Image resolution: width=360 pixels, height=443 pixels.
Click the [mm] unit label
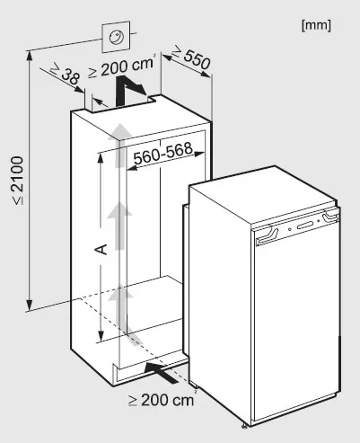pyautogui.click(x=316, y=26)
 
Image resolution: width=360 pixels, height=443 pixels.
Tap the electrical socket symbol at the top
pyautogui.click(x=117, y=37)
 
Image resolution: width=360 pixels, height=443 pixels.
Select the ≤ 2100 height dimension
pyautogui.click(x=18, y=181)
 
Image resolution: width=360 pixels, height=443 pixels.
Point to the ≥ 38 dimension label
pyautogui.click(x=66, y=74)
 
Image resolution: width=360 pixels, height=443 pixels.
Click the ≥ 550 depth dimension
pyautogui.click(x=191, y=58)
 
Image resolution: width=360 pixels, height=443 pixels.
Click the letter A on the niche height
pyautogui.click(x=101, y=249)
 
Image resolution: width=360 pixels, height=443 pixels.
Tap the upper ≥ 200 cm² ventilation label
pyautogui.click(x=122, y=67)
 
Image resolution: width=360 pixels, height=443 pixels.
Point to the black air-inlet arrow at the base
pyautogui.click(x=160, y=372)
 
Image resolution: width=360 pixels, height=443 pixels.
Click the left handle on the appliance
pyautogui.click(x=267, y=235)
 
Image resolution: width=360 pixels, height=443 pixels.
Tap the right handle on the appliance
pyautogui.click(x=330, y=217)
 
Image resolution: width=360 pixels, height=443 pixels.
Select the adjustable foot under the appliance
pyautogui.click(x=245, y=426)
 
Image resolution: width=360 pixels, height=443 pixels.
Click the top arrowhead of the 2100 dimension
pyautogui.click(x=30, y=57)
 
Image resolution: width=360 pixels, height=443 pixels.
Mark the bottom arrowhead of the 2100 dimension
pyautogui.click(x=30, y=305)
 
